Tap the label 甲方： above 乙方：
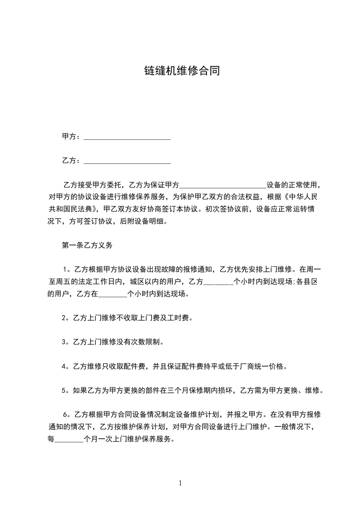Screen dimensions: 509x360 72,137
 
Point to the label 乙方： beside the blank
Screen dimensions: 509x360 72,161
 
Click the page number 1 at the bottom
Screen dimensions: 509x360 180,483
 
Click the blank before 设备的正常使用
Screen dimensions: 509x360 223,185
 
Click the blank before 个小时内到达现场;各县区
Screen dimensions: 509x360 218,282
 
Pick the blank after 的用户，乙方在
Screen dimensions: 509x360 113,294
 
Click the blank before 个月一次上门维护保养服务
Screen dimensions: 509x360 69,440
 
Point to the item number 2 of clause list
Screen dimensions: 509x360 64,318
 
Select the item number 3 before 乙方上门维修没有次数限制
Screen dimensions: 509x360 64,342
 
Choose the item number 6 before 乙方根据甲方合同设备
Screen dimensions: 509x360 65,415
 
